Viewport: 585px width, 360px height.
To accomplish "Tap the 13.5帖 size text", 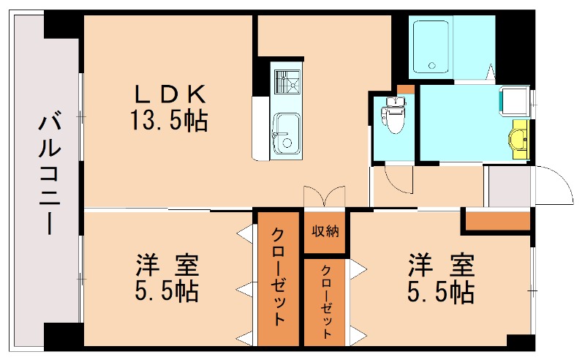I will click(x=169, y=120).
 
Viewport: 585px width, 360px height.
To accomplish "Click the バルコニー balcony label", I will click(x=50, y=173).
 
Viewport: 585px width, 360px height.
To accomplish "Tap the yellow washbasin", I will click(x=519, y=138).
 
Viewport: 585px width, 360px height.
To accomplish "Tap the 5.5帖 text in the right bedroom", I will click(x=441, y=292).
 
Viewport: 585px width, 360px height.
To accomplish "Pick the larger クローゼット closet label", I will click(x=279, y=278).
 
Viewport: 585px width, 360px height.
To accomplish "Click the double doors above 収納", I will click(x=324, y=197).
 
